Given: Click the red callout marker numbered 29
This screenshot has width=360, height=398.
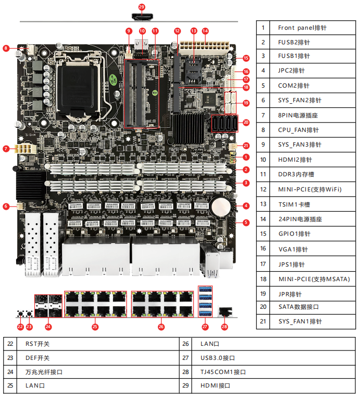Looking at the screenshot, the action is coord(142,7).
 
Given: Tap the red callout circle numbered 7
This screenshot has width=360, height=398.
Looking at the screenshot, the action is coord(6,149).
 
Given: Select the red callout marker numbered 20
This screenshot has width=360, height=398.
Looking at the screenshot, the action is coord(246,123).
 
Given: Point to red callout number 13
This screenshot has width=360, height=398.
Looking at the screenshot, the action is coord(194,31).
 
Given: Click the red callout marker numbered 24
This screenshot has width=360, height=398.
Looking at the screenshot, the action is coord(48,327).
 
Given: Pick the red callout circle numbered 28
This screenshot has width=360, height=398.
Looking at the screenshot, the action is coord(225,327).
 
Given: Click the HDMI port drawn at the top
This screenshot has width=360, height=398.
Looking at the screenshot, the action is coord(142,17).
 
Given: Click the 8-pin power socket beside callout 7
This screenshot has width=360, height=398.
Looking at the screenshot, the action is coord(26,149).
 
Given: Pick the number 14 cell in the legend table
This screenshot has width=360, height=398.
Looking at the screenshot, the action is coord(263,219).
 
